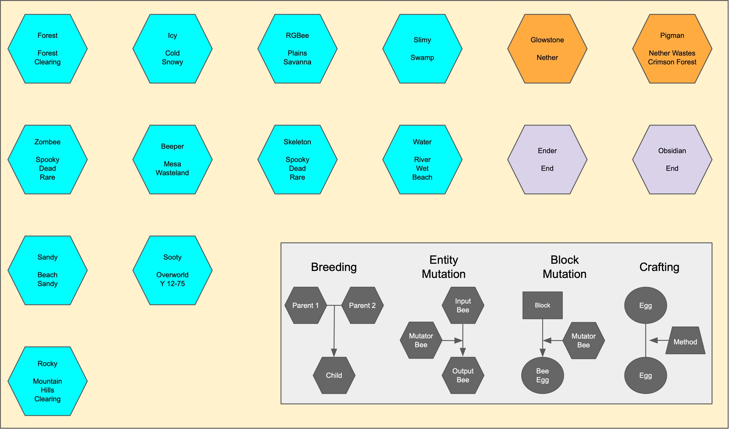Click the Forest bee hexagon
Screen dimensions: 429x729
pos(47,49)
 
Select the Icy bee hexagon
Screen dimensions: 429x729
pos(172,49)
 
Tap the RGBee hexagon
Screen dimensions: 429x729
pos(297,49)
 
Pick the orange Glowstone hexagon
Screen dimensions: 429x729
pos(547,49)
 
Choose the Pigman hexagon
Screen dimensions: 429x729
pos(672,49)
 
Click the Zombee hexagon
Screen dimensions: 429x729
pos(47,159)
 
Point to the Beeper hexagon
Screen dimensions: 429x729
pos(172,159)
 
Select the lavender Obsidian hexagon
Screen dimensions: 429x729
pos(672,159)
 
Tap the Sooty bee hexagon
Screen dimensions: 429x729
pos(172,270)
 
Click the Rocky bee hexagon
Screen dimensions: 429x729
pos(47,381)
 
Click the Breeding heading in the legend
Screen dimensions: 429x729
pos(334,267)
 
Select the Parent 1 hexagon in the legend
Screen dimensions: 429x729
pos(306,305)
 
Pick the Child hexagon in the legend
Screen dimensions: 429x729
pos(334,375)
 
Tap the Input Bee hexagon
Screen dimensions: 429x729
pos(463,305)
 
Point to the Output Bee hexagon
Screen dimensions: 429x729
pos(463,375)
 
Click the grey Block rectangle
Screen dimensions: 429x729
pos(542,305)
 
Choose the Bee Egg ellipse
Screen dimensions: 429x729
pos(542,375)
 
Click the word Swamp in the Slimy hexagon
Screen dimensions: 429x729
pos(422,58)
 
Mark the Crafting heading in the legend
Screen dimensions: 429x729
pos(659,267)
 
